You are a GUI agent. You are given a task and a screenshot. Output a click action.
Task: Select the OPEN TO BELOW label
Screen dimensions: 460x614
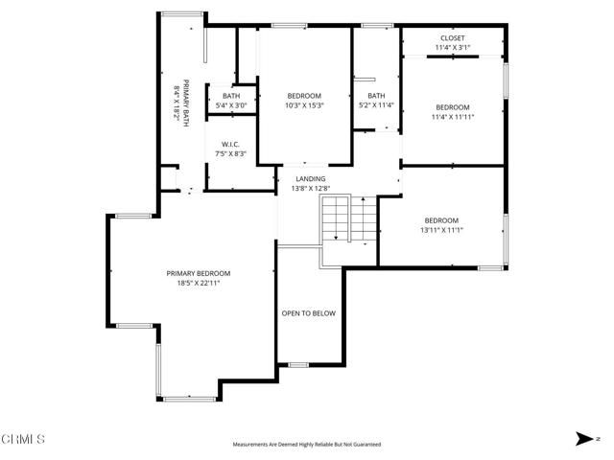(308, 313)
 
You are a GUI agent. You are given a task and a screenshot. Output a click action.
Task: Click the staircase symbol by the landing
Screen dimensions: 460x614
(337, 219)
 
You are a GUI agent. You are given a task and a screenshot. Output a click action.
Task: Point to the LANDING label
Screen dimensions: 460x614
(310, 178)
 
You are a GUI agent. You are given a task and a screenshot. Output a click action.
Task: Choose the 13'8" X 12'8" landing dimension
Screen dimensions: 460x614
(310, 188)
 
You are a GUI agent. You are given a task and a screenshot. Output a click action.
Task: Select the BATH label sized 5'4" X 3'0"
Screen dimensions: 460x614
(231, 96)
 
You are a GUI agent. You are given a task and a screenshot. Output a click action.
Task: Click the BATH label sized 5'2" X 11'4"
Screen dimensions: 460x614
(376, 96)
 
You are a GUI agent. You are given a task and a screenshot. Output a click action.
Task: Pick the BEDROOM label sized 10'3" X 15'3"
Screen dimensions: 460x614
(304, 96)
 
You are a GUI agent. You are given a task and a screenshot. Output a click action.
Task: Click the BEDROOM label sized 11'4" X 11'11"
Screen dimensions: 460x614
(454, 106)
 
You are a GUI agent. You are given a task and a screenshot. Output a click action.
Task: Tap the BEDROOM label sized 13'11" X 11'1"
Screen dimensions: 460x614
(441, 220)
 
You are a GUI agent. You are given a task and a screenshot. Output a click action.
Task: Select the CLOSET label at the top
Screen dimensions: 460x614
(454, 37)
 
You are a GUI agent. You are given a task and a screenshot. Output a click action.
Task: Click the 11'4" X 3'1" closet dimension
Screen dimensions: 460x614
(454, 47)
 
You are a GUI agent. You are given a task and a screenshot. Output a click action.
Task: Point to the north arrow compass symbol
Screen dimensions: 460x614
(585, 439)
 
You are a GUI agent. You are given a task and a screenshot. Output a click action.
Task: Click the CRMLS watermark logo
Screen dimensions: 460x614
(23, 440)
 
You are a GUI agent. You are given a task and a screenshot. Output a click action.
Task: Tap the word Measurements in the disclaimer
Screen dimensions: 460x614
(251, 445)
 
